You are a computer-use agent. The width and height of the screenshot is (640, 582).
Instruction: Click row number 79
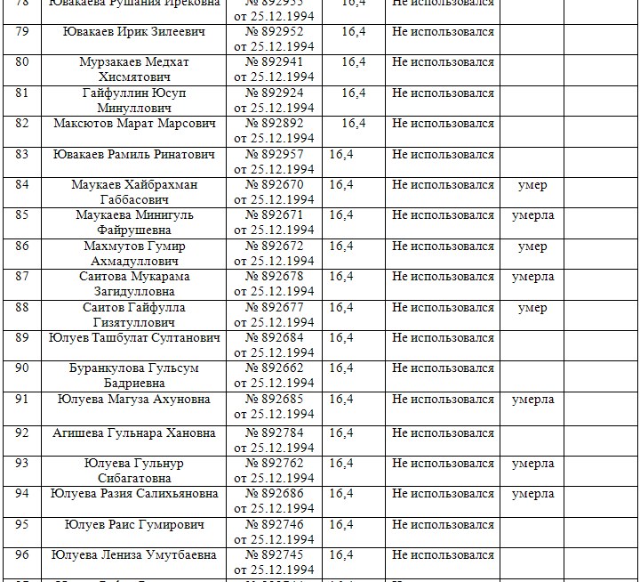pyautogui.click(x=22, y=30)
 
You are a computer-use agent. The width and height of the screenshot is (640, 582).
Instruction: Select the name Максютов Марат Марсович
pyautogui.click(x=134, y=123)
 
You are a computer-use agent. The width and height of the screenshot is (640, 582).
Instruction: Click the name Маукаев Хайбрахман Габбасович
pyautogui.click(x=134, y=192)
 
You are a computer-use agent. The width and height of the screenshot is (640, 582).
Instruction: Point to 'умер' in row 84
pyautogui.click(x=532, y=185)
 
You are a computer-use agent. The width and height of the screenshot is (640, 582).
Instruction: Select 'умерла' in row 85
pyautogui.click(x=532, y=215)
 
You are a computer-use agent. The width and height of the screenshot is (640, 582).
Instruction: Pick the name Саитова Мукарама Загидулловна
pyautogui.click(x=134, y=284)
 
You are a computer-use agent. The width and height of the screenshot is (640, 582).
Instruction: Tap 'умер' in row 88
pyautogui.click(x=532, y=307)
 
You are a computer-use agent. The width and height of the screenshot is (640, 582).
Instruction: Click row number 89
pyautogui.click(x=22, y=337)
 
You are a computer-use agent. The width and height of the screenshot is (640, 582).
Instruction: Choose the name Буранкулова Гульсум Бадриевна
pyautogui.click(x=134, y=376)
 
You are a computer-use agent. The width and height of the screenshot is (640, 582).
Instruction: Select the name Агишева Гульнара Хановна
pyautogui.click(x=134, y=433)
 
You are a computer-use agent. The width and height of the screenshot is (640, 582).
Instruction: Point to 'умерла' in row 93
pyautogui.click(x=532, y=463)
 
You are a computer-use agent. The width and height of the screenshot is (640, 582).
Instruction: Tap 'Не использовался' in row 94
pyautogui.click(x=443, y=493)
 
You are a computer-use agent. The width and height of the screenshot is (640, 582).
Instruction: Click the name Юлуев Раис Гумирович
pyautogui.click(x=134, y=524)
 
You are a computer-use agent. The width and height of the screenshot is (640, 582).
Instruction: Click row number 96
pyautogui.click(x=22, y=554)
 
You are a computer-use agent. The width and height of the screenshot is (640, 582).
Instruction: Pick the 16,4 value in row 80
pyautogui.click(x=354, y=61)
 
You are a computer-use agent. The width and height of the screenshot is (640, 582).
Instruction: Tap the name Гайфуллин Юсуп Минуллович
pyautogui.click(x=134, y=100)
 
